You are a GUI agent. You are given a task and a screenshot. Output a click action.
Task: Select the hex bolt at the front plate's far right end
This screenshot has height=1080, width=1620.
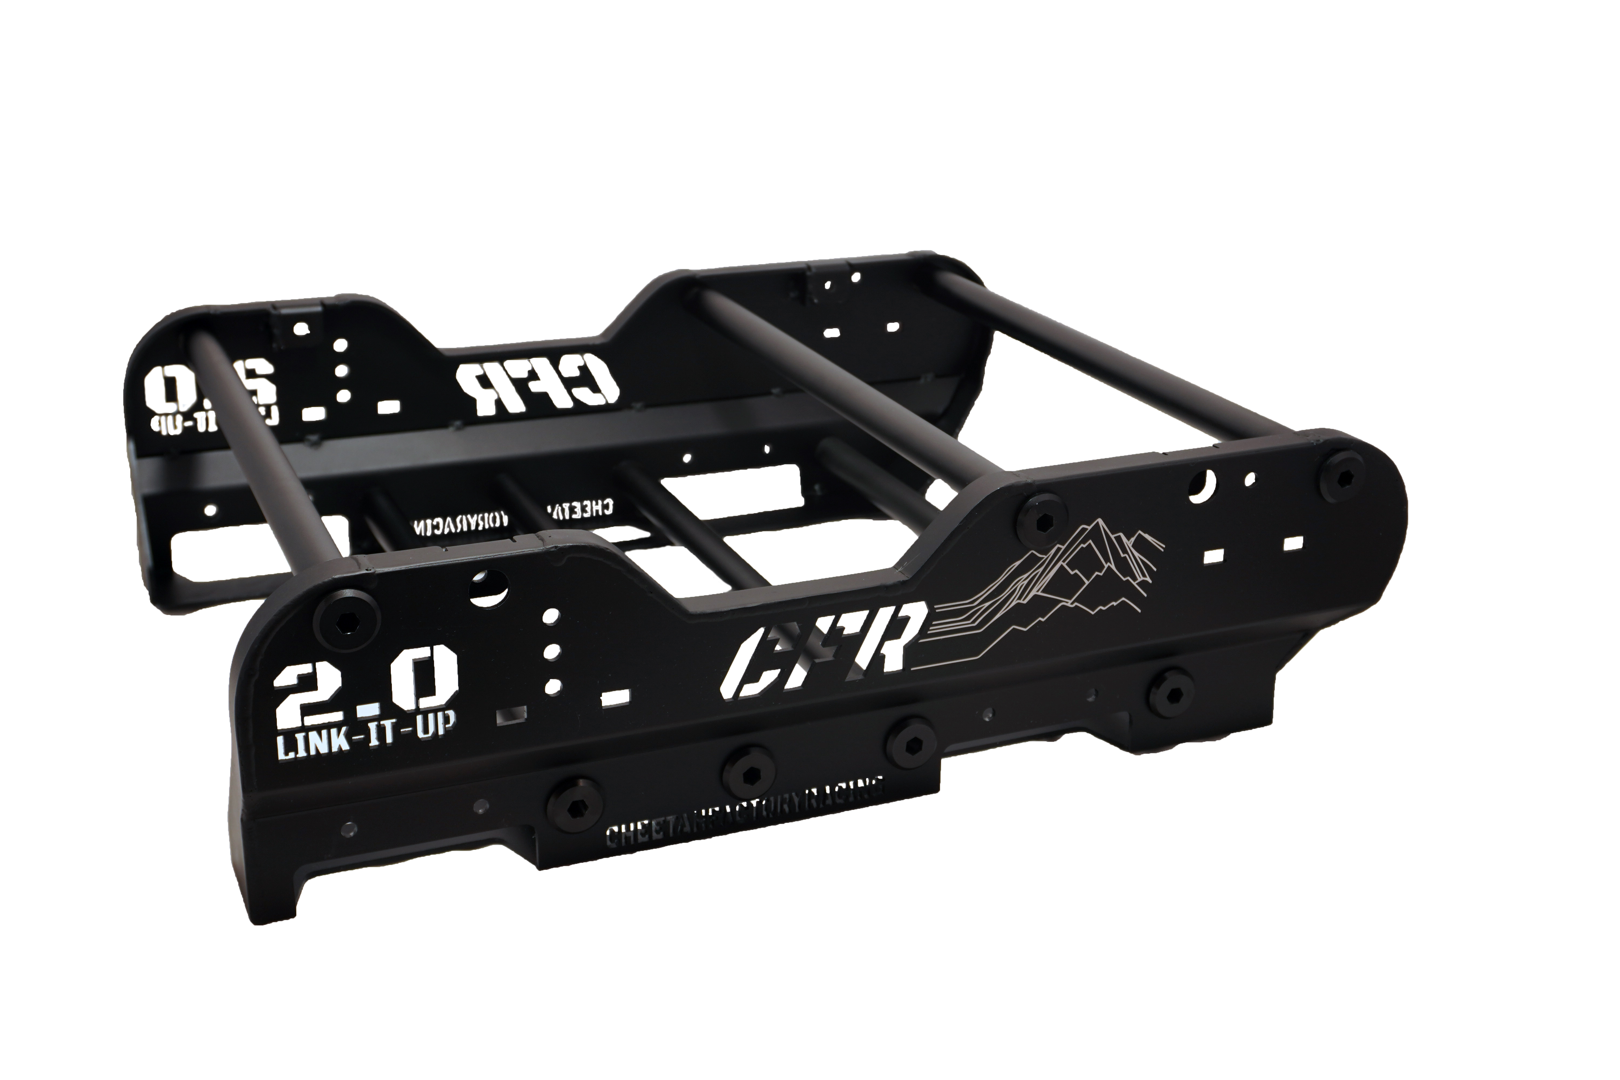(1343, 475)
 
